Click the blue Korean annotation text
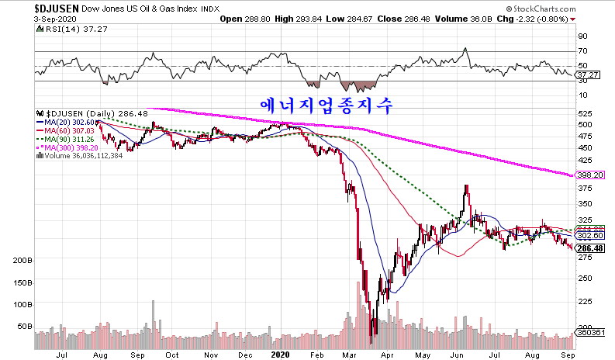pyautogui.click(x=328, y=103)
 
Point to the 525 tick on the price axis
pyautogui.click(x=585, y=113)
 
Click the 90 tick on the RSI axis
pyautogui.click(x=582, y=36)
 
